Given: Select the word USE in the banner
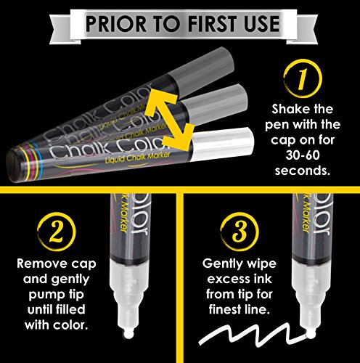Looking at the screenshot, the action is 261,23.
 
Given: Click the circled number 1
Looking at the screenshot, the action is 303,78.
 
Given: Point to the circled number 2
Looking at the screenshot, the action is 57,232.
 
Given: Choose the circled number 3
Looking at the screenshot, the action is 240,232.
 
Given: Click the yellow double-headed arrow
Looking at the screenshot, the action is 170,121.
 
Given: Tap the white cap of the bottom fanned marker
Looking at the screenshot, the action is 222,144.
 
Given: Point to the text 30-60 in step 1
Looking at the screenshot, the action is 303,155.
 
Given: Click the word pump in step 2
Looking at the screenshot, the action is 44,295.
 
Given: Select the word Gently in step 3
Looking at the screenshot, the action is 221,264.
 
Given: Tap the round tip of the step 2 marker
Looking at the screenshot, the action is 128,334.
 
